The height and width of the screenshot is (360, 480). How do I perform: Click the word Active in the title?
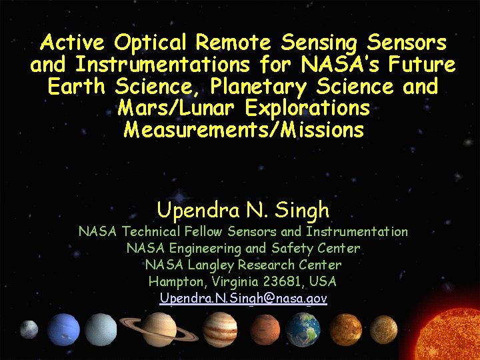tap(73, 43)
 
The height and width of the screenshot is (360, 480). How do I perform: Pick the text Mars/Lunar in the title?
tap(178, 108)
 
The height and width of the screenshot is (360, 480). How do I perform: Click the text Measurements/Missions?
tap(244, 129)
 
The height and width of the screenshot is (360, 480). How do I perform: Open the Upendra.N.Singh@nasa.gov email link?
tap(243, 299)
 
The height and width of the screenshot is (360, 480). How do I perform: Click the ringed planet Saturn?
tap(158, 328)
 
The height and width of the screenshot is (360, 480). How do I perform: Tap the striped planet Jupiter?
tap(220, 329)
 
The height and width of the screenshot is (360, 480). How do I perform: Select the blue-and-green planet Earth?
tap(304, 329)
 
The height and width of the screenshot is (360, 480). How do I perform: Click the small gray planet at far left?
tap(29, 329)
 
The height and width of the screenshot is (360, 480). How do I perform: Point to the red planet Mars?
tap(265, 329)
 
